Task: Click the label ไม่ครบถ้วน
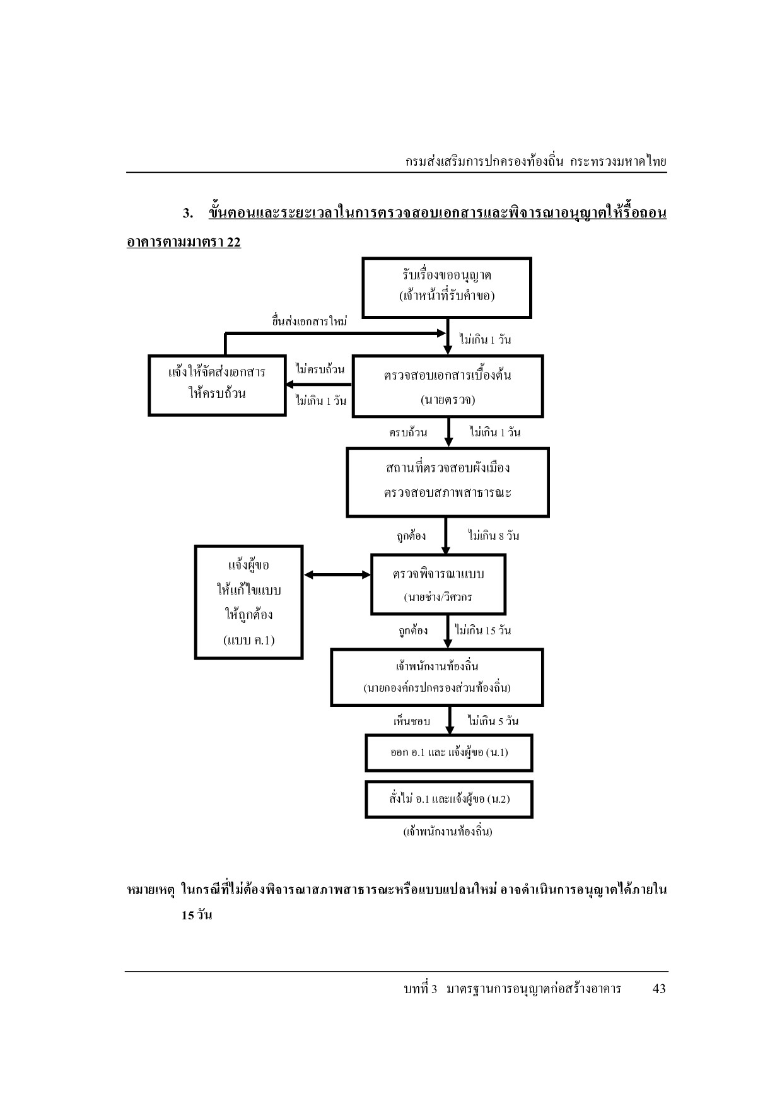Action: coord(320,369)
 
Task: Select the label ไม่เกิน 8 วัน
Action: coord(494,535)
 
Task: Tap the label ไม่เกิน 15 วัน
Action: coord(483,630)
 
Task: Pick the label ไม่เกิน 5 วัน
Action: coord(493,721)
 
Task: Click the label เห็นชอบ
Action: coord(412,721)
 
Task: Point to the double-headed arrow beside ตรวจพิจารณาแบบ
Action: coord(337,574)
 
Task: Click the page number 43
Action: coord(659,989)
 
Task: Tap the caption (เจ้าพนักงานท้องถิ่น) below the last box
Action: coord(448,831)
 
